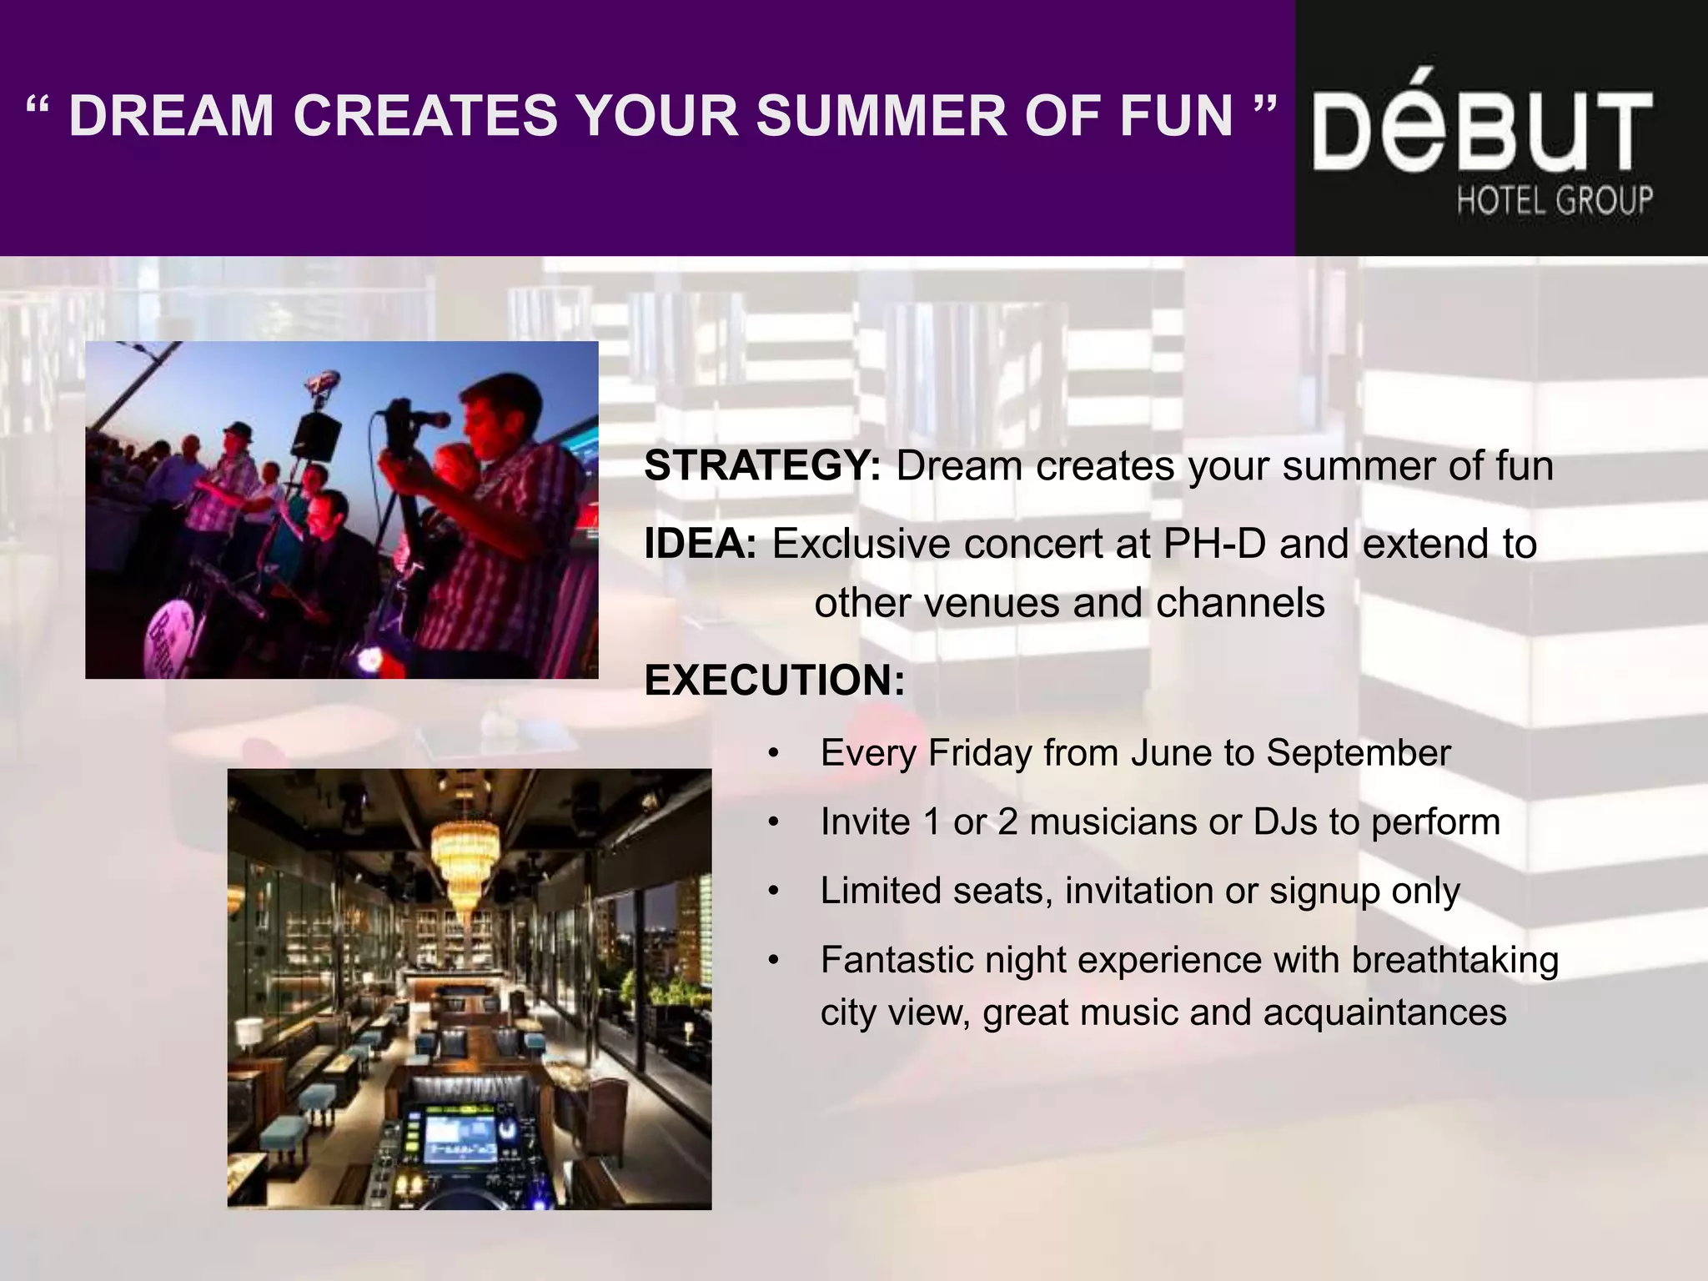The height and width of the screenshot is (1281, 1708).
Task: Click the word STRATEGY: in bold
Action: pos(761,465)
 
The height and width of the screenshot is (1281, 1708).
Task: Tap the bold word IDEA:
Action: pos(701,544)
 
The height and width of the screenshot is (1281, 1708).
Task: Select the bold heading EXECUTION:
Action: pos(774,680)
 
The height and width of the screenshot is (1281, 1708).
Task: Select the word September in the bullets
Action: pos(1359,753)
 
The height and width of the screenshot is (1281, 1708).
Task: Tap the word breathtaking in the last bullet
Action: pos(1454,960)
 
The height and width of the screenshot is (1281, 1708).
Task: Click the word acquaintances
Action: pos(1384,1012)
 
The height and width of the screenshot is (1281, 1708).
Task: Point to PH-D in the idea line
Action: pos(1214,544)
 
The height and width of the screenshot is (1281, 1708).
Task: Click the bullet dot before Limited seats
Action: pos(774,892)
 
